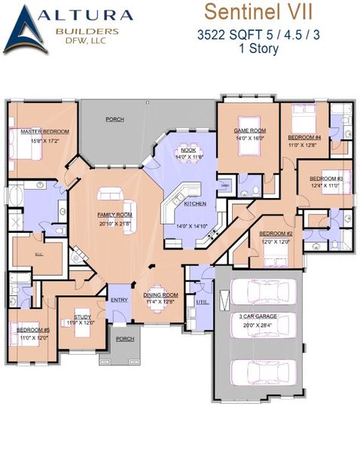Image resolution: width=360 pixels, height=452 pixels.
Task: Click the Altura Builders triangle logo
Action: tap(25, 30)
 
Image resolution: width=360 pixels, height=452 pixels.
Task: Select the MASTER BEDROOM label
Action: tap(38, 132)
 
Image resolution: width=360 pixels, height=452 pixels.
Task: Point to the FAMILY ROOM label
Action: tap(114, 215)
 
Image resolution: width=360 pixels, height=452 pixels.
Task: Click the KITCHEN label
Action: tap(195, 204)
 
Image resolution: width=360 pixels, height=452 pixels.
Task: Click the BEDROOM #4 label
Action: tap(304, 138)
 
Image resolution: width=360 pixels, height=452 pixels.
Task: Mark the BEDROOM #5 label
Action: tap(33, 330)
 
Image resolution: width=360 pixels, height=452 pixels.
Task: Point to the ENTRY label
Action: tap(119, 300)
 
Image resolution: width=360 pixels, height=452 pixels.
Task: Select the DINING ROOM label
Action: tap(161, 295)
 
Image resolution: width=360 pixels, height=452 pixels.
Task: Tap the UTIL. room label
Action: tap(201, 301)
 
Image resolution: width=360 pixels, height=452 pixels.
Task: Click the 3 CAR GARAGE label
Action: tap(258, 317)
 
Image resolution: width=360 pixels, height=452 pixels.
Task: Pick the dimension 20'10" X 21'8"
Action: tap(114, 224)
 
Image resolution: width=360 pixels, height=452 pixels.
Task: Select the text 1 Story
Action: tap(258, 49)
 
